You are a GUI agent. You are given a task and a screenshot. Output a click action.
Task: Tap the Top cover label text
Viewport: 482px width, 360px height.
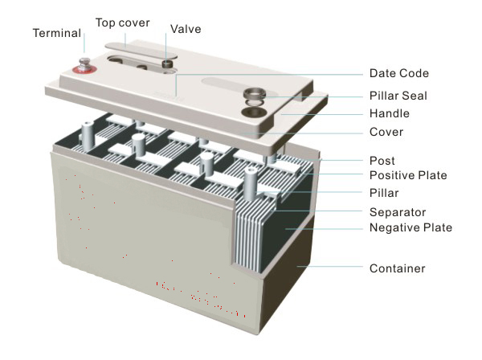point(122,22)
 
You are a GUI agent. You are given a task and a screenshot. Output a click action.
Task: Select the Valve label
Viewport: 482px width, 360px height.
point(186,29)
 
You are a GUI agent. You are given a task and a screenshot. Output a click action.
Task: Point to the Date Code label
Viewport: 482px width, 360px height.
point(399,73)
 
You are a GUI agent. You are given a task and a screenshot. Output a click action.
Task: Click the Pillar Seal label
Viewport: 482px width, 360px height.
point(398,96)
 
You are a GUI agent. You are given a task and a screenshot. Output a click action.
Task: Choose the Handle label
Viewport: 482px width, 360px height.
point(389,113)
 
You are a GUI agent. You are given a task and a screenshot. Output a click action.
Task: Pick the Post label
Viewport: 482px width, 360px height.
point(382,161)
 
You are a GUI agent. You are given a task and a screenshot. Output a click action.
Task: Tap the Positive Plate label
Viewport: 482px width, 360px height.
point(407,176)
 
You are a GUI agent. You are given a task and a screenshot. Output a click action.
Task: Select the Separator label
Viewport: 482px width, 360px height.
point(396,213)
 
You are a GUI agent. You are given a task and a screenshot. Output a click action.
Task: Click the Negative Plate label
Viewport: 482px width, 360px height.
point(410,228)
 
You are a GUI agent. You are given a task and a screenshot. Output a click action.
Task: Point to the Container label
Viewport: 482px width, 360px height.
point(396,268)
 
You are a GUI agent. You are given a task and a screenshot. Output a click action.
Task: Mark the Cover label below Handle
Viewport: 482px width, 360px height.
point(386,132)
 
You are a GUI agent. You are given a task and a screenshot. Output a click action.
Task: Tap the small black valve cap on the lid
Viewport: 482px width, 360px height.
point(168,63)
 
